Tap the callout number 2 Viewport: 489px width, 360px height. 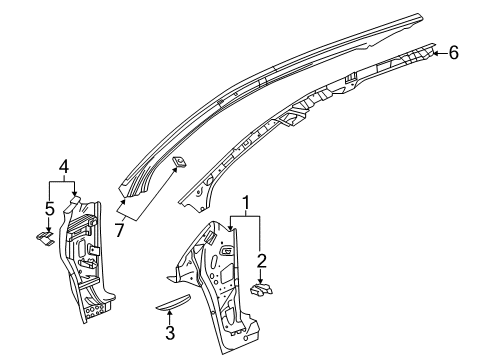tap(261, 261)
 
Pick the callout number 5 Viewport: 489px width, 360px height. tap(50, 211)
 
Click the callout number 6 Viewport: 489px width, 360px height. tap(454, 53)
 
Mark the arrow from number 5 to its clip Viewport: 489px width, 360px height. tap(49, 225)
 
